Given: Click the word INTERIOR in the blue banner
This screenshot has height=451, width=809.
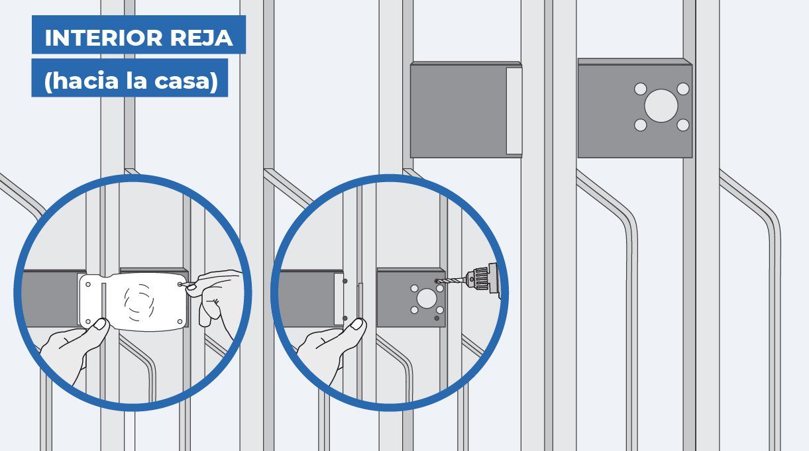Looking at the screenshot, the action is [x=103, y=38].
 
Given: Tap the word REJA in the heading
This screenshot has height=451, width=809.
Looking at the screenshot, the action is [x=201, y=38].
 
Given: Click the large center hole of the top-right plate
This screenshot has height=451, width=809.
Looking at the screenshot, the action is [x=661, y=106].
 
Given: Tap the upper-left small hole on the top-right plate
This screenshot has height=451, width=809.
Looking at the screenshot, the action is [x=640, y=89].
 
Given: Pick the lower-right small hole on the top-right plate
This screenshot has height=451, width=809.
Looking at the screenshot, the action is [x=683, y=125].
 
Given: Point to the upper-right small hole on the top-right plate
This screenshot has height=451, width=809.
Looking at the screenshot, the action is [x=683, y=89].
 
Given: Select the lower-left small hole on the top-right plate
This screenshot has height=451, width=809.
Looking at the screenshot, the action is [x=640, y=125].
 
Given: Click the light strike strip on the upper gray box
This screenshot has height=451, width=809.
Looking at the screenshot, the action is [x=514, y=111].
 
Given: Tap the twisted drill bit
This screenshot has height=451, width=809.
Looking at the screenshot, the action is [x=451, y=280].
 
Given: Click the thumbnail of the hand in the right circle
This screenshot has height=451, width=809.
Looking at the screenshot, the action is [x=357, y=325].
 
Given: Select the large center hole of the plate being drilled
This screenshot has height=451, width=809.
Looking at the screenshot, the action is [x=427, y=299].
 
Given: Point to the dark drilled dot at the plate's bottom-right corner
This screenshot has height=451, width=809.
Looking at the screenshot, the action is [x=437, y=319].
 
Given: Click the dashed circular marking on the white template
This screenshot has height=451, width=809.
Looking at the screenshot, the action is [x=139, y=302].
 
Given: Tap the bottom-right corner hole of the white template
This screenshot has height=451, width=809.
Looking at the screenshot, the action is [x=180, y=321].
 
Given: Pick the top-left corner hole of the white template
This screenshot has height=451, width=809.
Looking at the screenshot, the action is [x=87, y=285].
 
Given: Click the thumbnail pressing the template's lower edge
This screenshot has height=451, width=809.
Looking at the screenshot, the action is [x=101, y=325].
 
